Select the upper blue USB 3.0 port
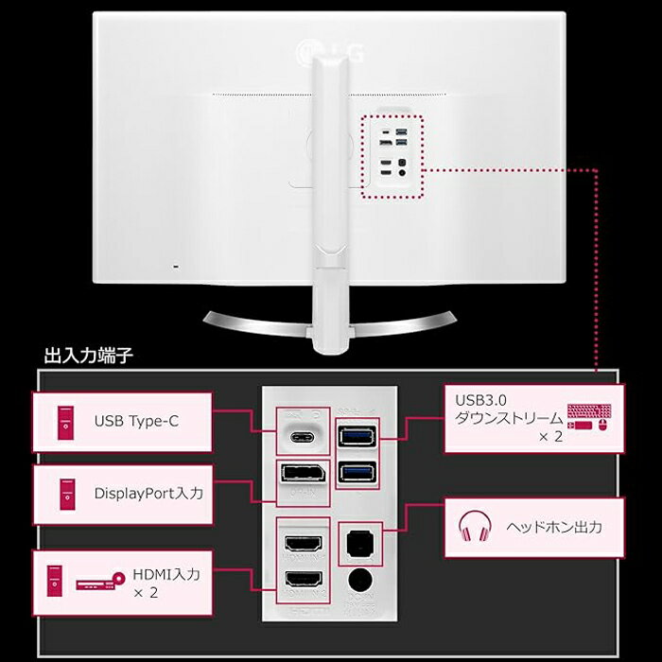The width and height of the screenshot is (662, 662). [x=356, y=436]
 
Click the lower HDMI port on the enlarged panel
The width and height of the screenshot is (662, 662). [x=302, y=579]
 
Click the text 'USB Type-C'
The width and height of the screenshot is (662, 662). [x=136, y=421]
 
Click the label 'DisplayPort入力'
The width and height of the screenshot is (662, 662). [x=148, y=493]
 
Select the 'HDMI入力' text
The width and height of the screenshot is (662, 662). [x=166, y=574]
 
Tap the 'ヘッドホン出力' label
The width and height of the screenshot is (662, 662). [x=554, y=528]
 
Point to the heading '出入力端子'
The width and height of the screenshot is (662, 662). [x=89, y=357]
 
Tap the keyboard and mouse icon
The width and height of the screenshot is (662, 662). [x=589, y=417]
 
